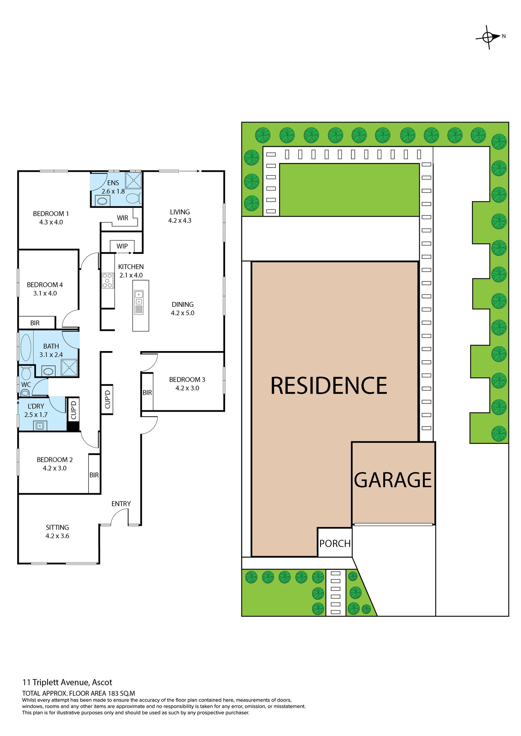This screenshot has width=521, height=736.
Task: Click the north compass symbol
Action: [488, 37]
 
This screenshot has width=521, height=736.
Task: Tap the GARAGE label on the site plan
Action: [393, 480]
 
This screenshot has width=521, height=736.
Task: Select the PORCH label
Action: [335, 544]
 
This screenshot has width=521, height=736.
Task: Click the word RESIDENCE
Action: [329, 386]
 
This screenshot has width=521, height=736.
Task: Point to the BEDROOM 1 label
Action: [51, 214]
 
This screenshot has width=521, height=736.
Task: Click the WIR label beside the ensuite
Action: [122, 218]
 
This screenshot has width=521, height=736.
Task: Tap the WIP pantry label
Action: [122, 246]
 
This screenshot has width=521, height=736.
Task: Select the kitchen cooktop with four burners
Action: [107, 280]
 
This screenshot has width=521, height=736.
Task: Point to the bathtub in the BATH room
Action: [26, 347]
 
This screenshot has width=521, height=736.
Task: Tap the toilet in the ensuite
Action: [134, 198]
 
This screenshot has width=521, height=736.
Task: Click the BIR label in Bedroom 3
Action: [147, 393]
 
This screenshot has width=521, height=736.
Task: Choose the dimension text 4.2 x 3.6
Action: [57, 536]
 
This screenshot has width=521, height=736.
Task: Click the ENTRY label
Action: [121, 504]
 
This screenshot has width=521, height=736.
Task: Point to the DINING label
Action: [183, 305]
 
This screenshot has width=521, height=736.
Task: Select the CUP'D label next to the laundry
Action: [74, 410]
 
